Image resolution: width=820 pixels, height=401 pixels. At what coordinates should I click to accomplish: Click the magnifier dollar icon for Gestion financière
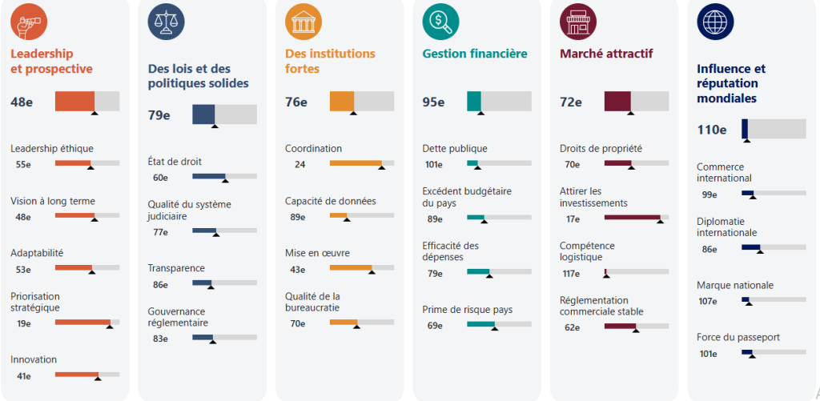coord(440,22)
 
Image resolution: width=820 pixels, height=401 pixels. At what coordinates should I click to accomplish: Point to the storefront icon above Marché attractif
coord(577,22)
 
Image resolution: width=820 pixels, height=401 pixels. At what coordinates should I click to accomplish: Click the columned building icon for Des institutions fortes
coord(303,22)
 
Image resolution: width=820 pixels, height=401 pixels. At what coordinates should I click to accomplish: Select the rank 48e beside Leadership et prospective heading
coord(22,102)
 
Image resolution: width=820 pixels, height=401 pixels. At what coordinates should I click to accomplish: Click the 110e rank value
coord(712,130)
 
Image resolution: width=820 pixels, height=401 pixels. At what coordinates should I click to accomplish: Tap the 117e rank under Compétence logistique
coord(571,274)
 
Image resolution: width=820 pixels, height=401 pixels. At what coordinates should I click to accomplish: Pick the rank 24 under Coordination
coord(300,165)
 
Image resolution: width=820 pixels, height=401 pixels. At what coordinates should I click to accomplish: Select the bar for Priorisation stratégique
coord(86,323)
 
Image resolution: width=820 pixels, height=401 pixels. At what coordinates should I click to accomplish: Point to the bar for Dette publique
coord(499,164)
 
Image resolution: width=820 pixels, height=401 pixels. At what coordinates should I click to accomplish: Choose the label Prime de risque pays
coord(467,310)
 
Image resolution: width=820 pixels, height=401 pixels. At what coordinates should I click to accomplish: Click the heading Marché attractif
coord(606,54)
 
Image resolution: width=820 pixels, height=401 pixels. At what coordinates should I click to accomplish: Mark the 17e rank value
coord(573,219)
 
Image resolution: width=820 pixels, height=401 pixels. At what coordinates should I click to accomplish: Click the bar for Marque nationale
coord(773,300)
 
